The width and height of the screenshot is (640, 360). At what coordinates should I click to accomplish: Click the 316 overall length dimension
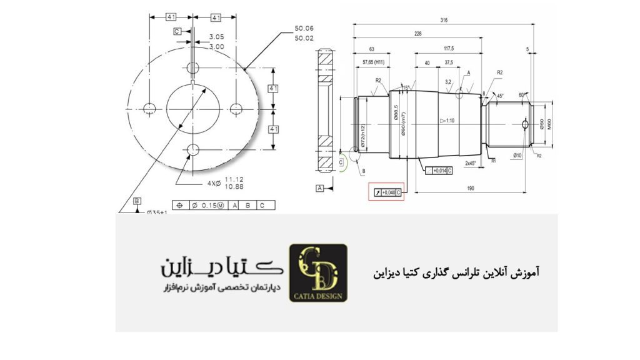[x=444, y=21]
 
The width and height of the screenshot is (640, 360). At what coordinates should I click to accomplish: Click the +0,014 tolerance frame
[x=437, y=170]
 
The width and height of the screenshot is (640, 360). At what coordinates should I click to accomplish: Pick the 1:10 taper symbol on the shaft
[x=446, y=120]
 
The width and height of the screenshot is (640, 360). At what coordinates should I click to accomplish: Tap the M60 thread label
[x=549, y=124]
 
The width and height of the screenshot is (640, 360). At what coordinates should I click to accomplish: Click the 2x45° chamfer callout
[x=471, y=163]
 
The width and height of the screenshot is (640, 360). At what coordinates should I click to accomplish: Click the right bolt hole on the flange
[x=236, y=109]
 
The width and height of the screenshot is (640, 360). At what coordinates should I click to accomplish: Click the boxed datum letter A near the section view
[x=319, y=187]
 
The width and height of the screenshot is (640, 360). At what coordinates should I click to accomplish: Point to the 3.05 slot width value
[x=217, y=37]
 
